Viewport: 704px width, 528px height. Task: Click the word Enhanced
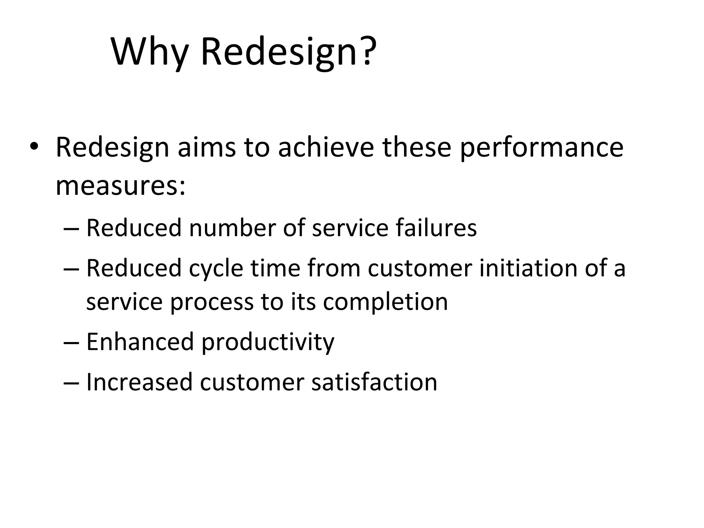click(x=140, y=342)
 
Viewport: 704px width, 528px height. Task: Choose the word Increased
click(x=139, y=382)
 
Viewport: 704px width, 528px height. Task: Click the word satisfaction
click(x=374, y=382)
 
